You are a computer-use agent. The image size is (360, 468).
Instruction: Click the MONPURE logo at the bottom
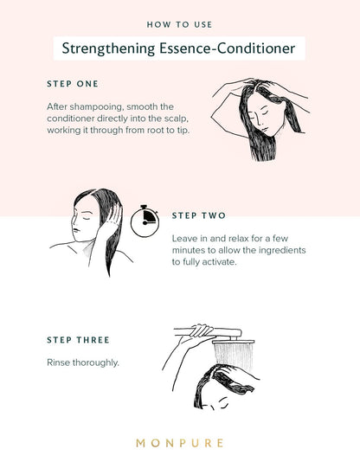point(179,443)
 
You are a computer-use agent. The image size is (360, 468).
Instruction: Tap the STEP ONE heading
point(73,84)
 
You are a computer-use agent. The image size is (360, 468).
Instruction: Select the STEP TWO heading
point(199,215)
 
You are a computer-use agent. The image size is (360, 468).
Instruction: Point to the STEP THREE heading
point(78,340)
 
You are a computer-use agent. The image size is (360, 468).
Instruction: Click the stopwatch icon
point(145,221)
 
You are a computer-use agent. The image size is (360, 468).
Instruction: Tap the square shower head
point(234,342)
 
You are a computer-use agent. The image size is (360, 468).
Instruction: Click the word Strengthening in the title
point(108,48)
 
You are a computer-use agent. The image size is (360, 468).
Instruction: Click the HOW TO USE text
point(179,24)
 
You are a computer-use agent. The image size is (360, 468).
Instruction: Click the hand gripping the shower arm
point(202,331)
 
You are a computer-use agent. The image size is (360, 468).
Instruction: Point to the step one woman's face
point(264,117)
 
